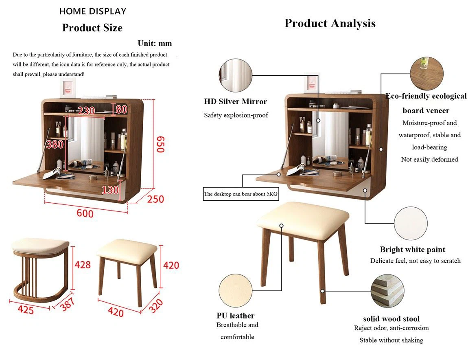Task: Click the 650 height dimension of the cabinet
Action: click(161, 144)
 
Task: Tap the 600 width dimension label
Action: click(85, 213)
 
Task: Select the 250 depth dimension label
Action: click(155, 199)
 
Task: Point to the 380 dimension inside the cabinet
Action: click(55, 145)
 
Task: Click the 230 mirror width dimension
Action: click(86, 110)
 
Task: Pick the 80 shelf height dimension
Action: click(122, 110)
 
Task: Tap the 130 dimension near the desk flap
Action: click(110, 190)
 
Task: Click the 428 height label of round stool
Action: click(82, 265)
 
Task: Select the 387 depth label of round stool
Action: click(68, 304)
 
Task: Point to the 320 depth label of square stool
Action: click(156, 305)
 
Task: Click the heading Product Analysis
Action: click(330, 23)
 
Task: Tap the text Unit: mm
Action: click(155, 43)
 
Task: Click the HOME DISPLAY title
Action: click(93, 11)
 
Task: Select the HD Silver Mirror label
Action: click(236, 101)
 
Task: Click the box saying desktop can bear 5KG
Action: click(241, 194)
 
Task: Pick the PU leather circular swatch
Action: click(235, 290)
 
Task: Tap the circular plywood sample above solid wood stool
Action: click(387, 291)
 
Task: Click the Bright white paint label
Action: click(413, 250)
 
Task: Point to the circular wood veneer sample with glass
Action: click(426, 73)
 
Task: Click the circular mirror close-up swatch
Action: click(236, 75)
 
